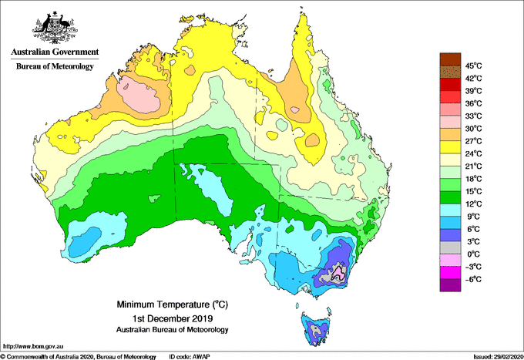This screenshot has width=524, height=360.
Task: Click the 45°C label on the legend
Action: [473, 66]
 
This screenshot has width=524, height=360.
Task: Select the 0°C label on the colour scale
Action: [473, 254]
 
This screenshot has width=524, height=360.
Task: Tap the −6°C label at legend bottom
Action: [473, 279]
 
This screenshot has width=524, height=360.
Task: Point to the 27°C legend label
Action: [473, 141]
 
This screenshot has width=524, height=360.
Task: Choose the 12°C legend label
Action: [473, 204]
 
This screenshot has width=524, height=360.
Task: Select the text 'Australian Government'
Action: [55, 52]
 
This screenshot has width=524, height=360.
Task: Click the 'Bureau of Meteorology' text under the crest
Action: [55, 66]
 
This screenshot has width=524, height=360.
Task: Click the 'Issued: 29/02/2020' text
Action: [494, 356]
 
